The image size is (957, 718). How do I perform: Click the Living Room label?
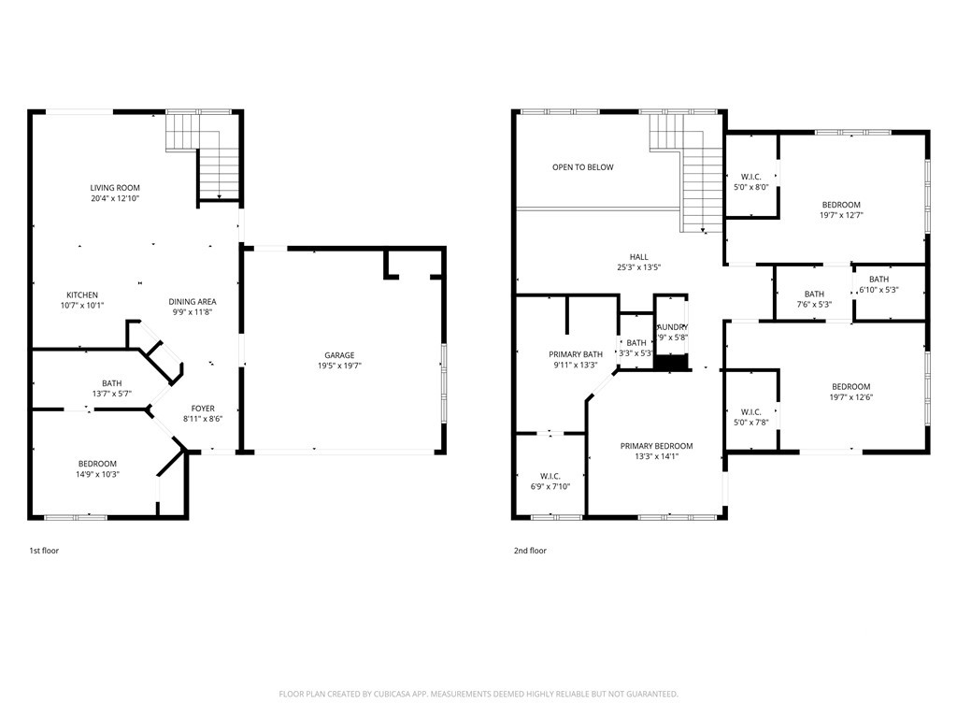tap(115, 188)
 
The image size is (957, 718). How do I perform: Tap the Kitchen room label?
tap(82, 295)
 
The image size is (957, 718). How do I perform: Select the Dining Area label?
tap(192, 301)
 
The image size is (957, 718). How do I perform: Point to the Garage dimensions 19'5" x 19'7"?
tap(338, 366)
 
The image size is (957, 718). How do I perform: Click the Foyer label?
tap(203, 409)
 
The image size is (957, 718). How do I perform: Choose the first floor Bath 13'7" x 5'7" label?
tap(111, 383)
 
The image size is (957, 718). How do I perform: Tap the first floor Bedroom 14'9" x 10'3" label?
tap(97, 464)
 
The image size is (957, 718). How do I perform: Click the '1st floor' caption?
tap(44, 551)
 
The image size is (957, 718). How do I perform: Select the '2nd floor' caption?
tap(530, 551)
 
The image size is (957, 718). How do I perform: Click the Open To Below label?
tap(582, 167)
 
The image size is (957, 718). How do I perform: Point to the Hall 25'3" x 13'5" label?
tap(638, 257)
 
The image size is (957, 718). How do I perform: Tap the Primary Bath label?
tap(575, 354)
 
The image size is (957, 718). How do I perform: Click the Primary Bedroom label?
tap(656, 446)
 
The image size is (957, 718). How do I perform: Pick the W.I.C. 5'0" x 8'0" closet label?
tap(750, 177)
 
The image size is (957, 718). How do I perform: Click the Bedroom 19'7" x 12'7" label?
tap(841, 205)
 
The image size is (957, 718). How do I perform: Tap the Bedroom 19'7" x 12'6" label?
tap(850, 387)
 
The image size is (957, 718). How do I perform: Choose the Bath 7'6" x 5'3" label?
tap(814, 294)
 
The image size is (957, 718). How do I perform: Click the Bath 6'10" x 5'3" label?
tap(878, 280)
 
